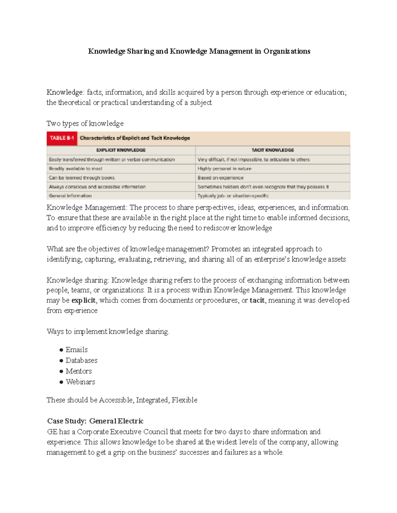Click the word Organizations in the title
tap(287, 51)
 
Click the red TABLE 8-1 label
tap(62, 138)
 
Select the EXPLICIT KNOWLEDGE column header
tap(121, 150)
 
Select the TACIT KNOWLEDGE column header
tap(273, 150)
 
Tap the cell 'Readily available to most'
tap(76, 168)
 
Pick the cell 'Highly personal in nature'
tap(225, 168)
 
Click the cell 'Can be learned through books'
tap(82, 178)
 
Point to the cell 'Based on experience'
tap(220, 178)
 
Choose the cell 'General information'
tap(70, 196)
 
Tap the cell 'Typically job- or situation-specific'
tap(233, 196)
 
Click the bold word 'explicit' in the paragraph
tap(83, 300)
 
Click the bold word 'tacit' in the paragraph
tap(257, 300)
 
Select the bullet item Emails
tap(76, 349)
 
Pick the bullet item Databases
tap(81, 360)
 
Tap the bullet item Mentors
tap(79, 371)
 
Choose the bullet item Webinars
tap(80, 382)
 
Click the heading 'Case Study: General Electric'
tap(95, 421)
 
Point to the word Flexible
tap(184, 400)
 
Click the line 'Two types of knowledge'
tap(85, 124)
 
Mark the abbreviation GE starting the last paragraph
tap(52, 432)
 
